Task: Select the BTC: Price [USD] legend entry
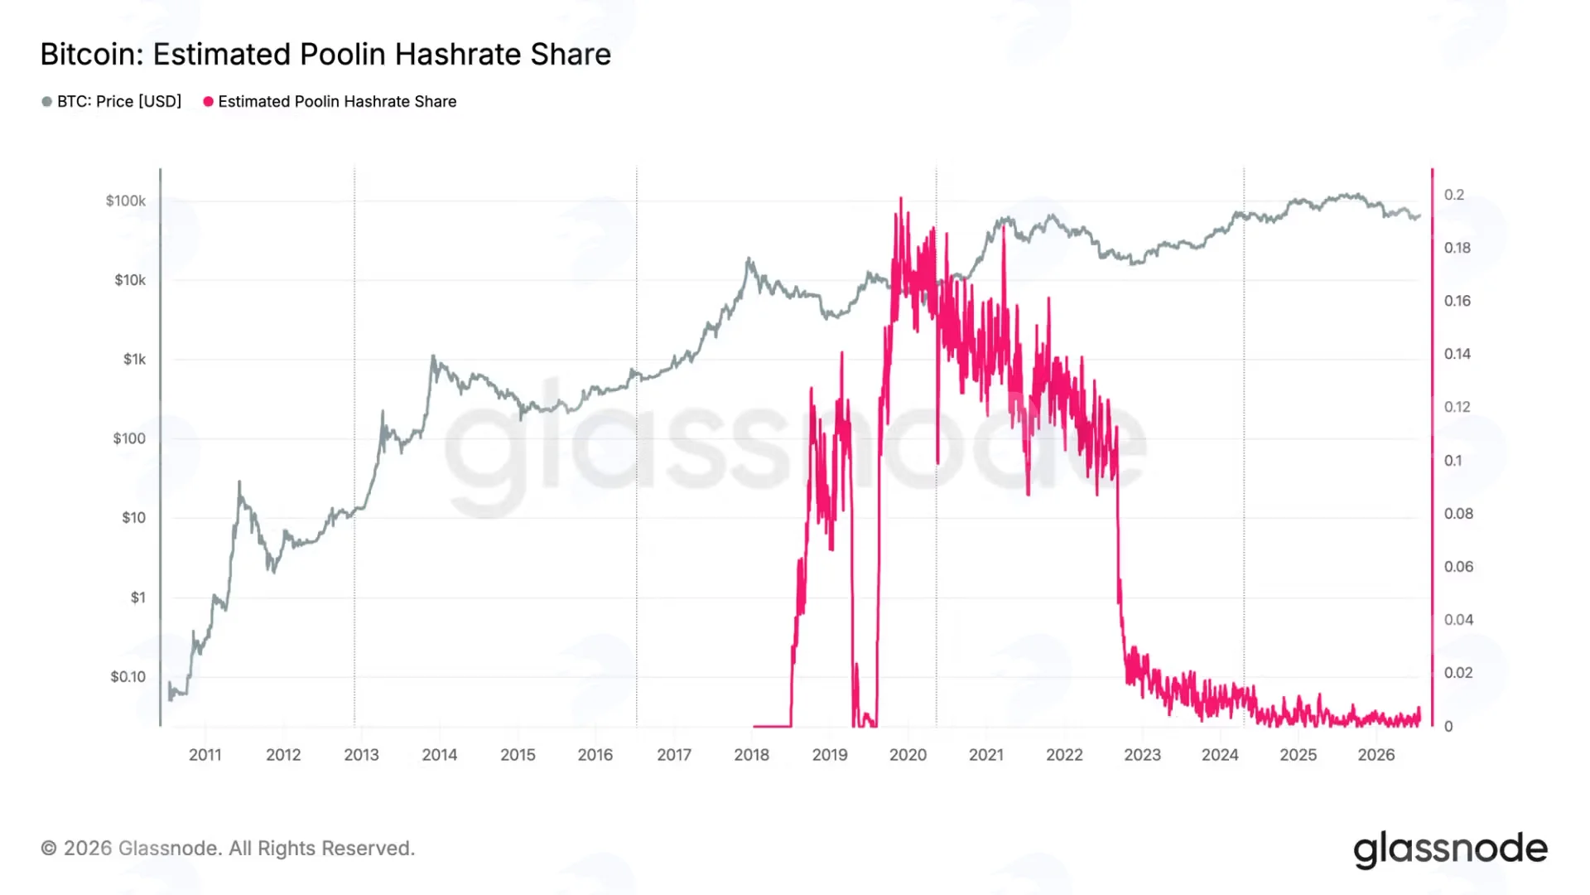click(x=112, y=101)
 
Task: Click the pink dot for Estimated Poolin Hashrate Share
click(x=209, y=101)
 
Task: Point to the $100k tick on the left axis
click(x=126, y=201)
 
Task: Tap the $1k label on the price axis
click(x=135, y=359)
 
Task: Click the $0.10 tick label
click(x=128, y=676)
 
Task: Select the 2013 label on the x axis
click(x=361, y=755)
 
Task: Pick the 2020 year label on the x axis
click(x=908, y=755)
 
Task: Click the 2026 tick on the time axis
click(x=1376, y=755)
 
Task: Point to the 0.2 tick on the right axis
click(x=1454, y=195)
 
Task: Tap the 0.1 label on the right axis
click(x=1453, y=461)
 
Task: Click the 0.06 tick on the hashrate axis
click(x=1458, y=567)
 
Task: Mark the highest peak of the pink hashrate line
click(x=901, y=198)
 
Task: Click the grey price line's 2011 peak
click(x=240, y=481)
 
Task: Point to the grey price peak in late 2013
click(x=432, y=356)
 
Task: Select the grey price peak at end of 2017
click(x=749, y=259)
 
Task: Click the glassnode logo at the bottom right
click(x=1450, y=849)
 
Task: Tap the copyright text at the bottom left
click(x=228, y=849)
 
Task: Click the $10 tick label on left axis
click(x=134, y=518)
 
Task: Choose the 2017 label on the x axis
click(x=674, y=755)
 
